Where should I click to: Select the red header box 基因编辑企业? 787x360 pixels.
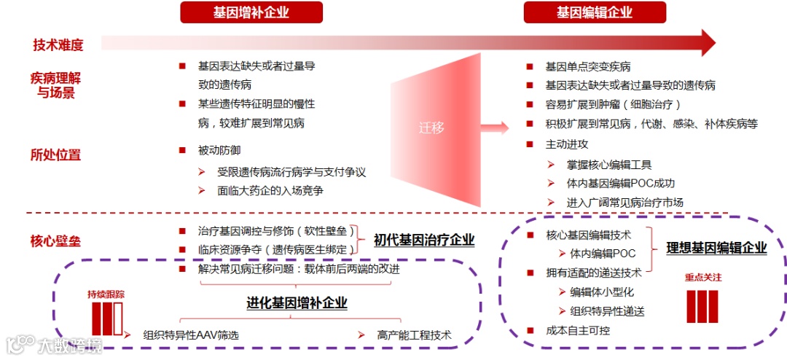pyautogui.click(x=594, y=12)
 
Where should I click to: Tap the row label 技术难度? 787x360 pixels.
pyautogui.click(x=58, y=44)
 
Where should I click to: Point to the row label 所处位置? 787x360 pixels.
pyautogui.click(x=55, y=154)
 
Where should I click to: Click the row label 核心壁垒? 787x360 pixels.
pyautogui.click(x=55, y=240)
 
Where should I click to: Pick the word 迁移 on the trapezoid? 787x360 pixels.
pyautogui.click(x=431, y=128)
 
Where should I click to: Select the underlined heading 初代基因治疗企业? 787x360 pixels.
pyautogui.click(x=424, y=240)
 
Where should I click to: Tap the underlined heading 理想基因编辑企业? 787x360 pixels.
pyautogui.click(x=716, y=248)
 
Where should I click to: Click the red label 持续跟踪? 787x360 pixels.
pyautogui.click(x=106, y=294)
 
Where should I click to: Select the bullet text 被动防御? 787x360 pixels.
pyautogui.click(x=217, y=150)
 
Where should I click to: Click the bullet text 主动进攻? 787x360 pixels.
pyautogui.click(x=567, y=144)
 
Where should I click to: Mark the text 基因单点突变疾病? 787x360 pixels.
pyautogui.click(x=588, y=66)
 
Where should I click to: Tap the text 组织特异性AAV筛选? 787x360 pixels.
pyautogui.click(x=191, y=335)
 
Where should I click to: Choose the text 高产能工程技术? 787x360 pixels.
pyautogui.click(x=414, y=335)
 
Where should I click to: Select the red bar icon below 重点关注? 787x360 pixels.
pyautogui.click(x=702, y=306)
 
